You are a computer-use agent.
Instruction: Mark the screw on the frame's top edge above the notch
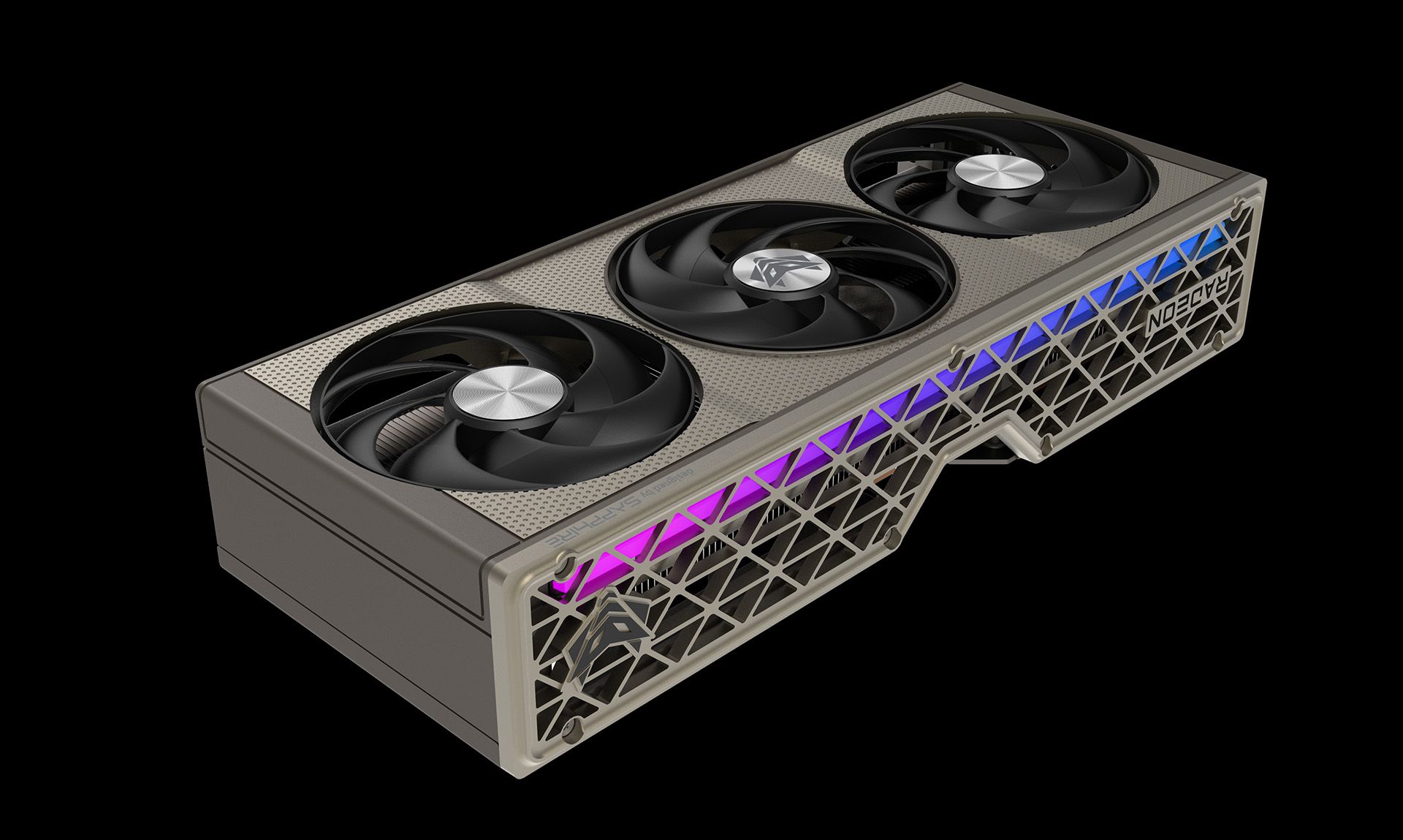point(957,358)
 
